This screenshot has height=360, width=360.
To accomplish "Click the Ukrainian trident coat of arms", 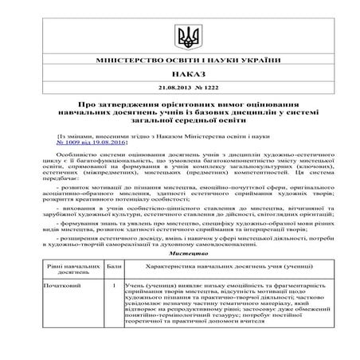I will click(x=179, y=36).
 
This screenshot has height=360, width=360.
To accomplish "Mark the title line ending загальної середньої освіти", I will click(x=179, y=122).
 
